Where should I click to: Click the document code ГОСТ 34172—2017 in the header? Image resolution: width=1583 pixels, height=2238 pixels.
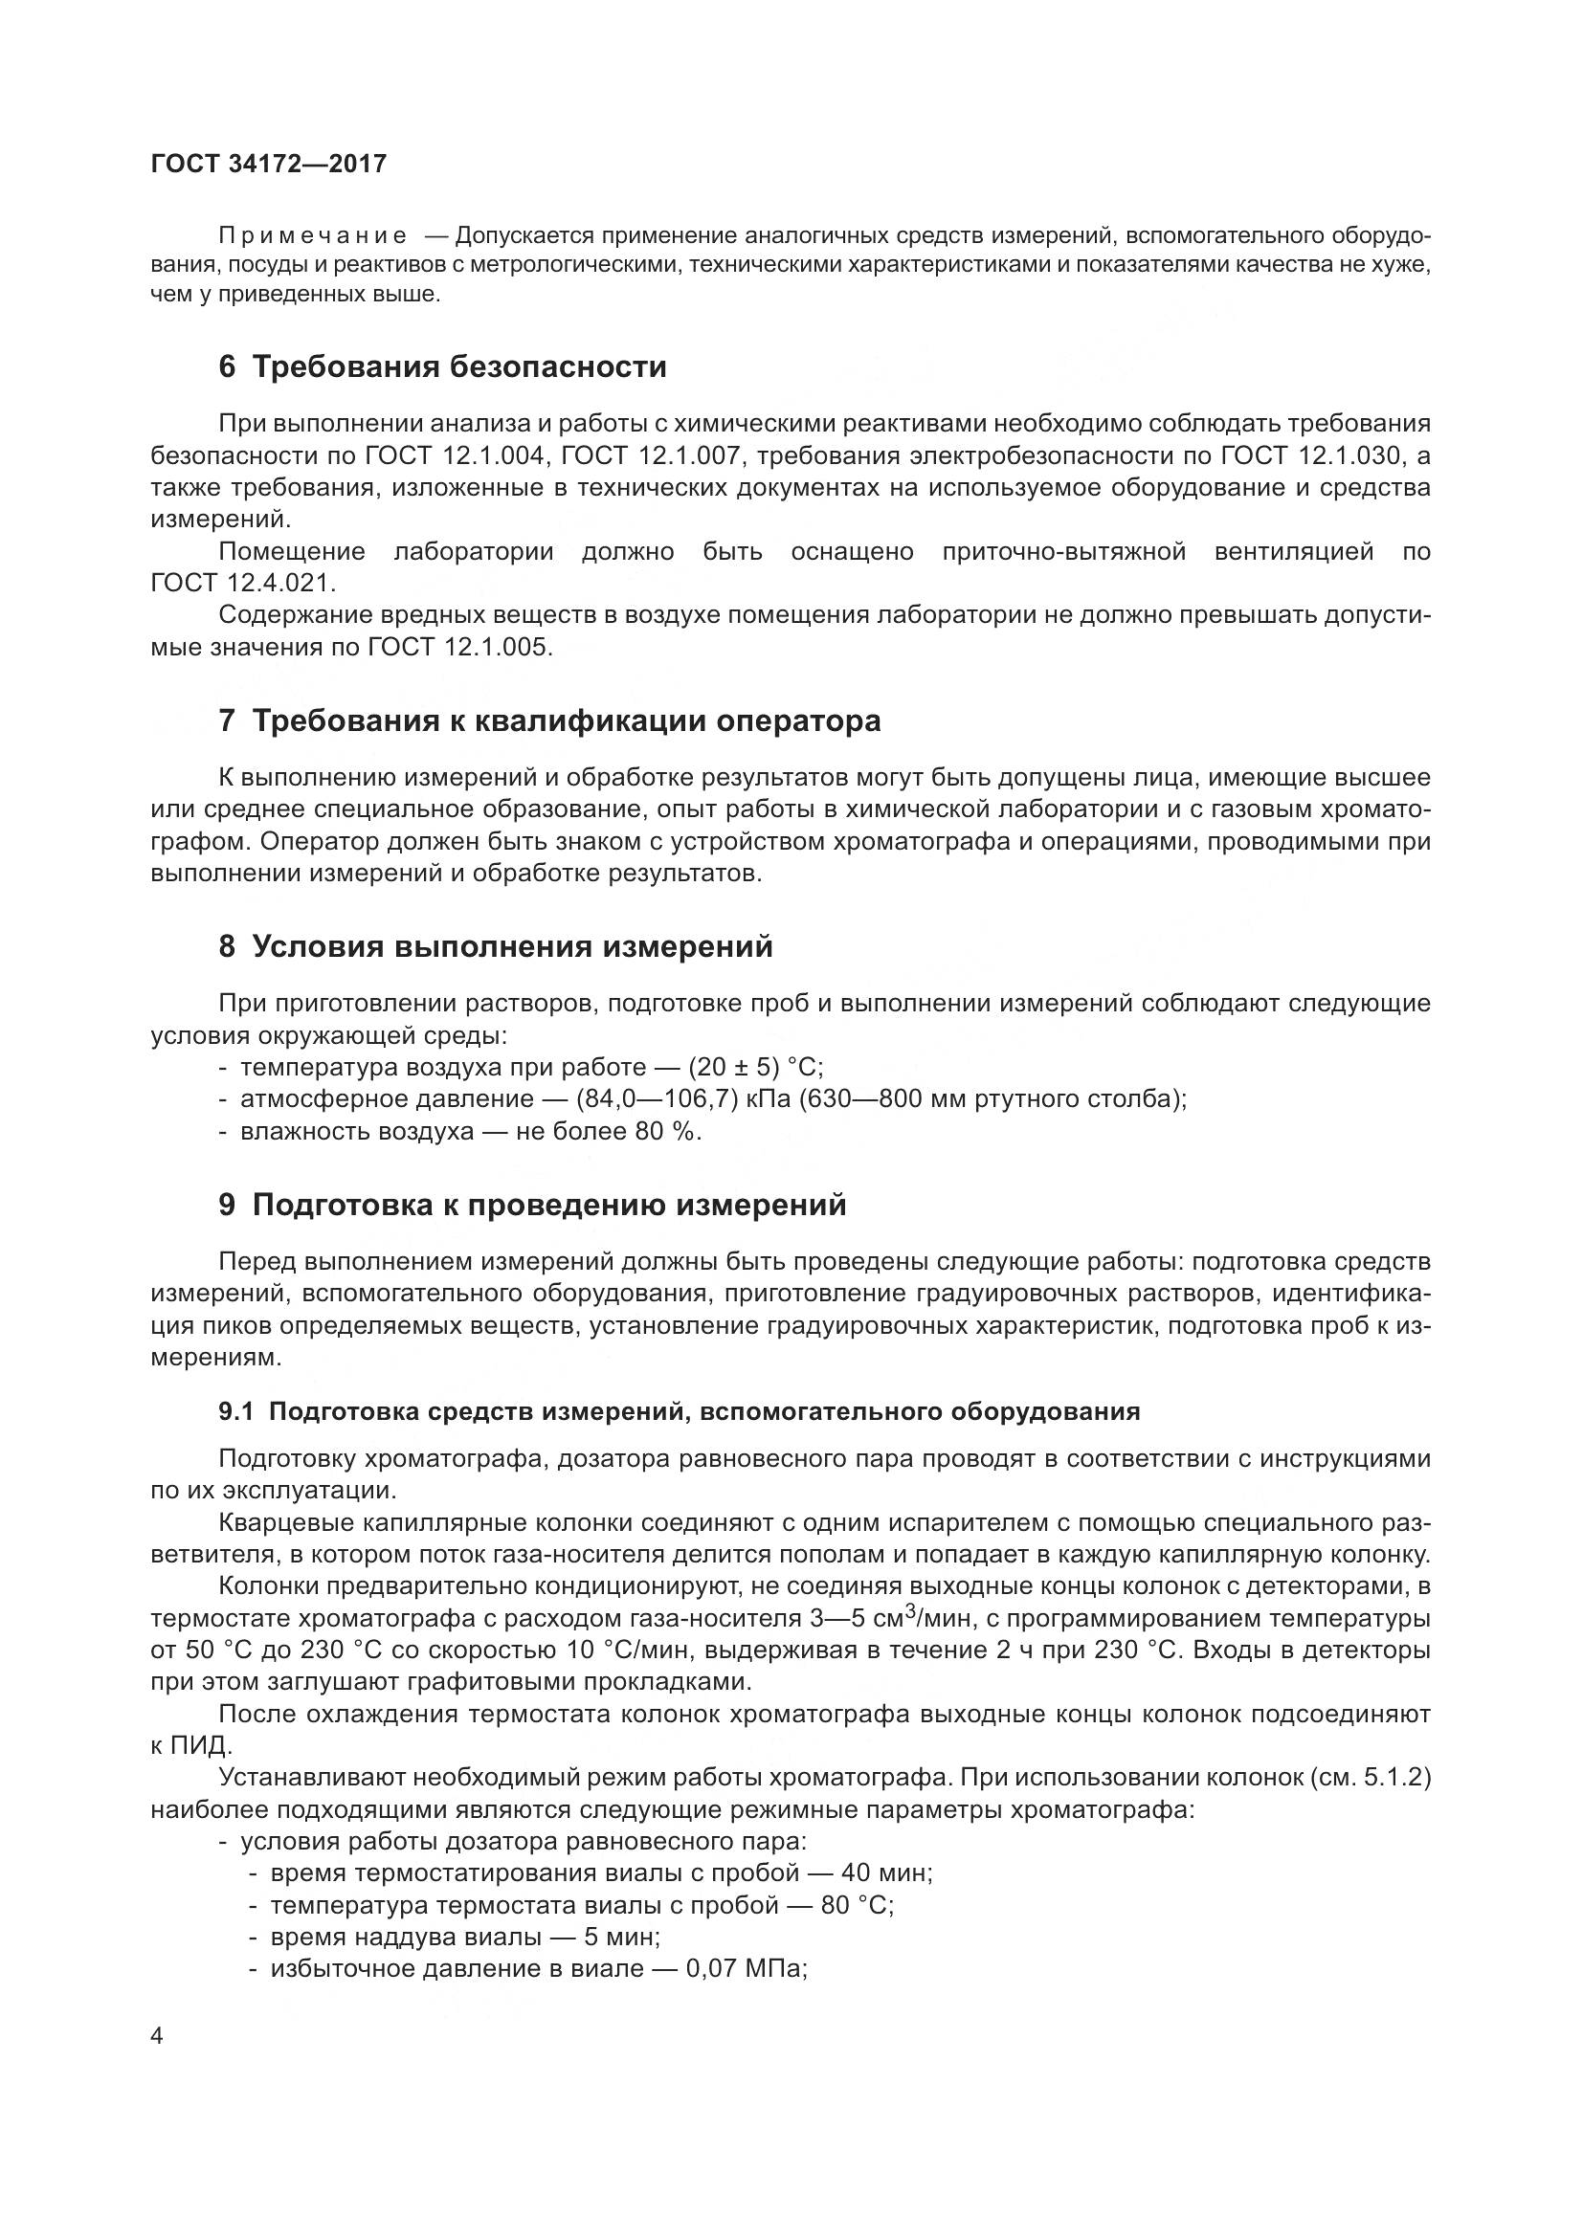(x=269, y=164)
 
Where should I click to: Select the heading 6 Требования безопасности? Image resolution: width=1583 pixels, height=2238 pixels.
(x=442, y=367)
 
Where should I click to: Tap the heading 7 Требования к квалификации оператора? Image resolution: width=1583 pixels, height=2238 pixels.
(x=549, y=721)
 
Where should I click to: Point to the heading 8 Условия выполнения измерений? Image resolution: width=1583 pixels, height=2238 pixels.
(x=495, y=946)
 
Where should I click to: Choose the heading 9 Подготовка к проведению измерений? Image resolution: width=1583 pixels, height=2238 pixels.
(x=532, y=1206)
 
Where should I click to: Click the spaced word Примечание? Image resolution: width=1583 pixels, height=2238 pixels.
(x=312, y=237)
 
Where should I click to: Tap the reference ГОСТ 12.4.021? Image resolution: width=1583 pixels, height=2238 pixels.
(x=243, y=584)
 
